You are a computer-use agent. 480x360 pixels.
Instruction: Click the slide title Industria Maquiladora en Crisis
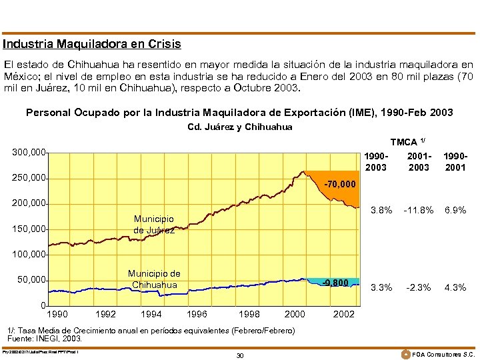(x=91, y=45)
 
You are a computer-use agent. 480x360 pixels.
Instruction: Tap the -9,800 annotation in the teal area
(x=335, y=283)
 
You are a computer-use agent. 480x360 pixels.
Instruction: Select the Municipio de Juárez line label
(x=154, y=224)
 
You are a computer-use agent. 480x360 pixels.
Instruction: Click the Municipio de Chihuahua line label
(x=154, y=279)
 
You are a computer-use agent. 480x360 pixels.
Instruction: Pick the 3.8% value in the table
(x=380, y=211)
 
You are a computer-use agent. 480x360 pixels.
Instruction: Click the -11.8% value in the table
(x=418, y=211)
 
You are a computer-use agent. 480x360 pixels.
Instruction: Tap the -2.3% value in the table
(x=418, y=287)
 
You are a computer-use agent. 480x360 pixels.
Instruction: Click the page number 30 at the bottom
(x=240, y=356)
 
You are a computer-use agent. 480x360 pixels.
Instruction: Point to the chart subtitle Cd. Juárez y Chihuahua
(x=239, y=127)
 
